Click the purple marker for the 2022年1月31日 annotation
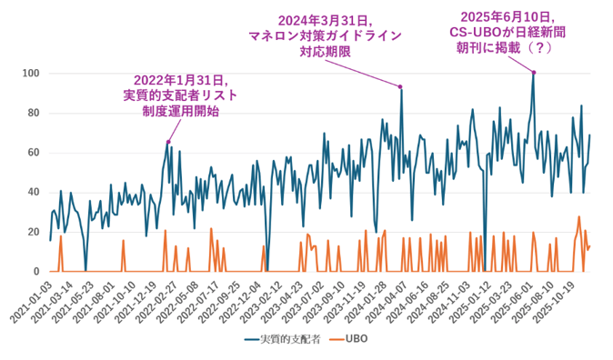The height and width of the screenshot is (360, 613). pos(168,142)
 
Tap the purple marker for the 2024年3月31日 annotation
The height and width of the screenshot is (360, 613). pos(401,86)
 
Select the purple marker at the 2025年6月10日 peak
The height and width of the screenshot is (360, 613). pos(534,72)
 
